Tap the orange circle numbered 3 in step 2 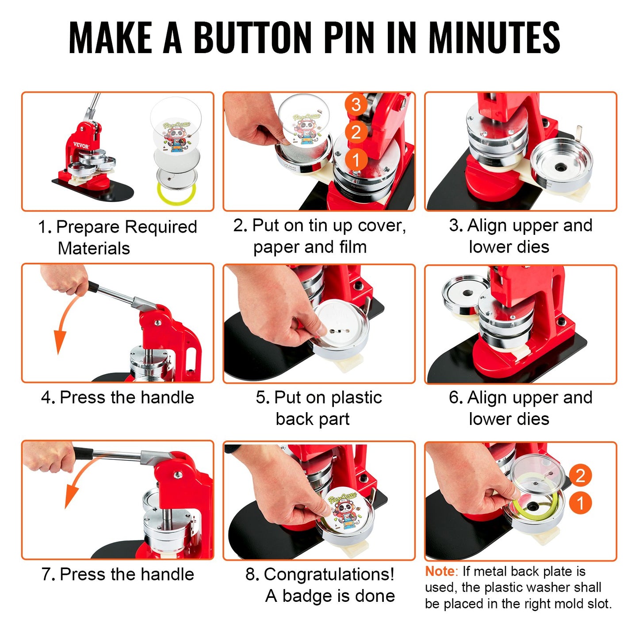(356, 105)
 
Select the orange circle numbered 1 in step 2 (356, 159)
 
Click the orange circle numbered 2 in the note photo (580, 476)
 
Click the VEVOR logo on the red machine (81, 145)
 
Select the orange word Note (439, 571)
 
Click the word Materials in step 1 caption (94, 249)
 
